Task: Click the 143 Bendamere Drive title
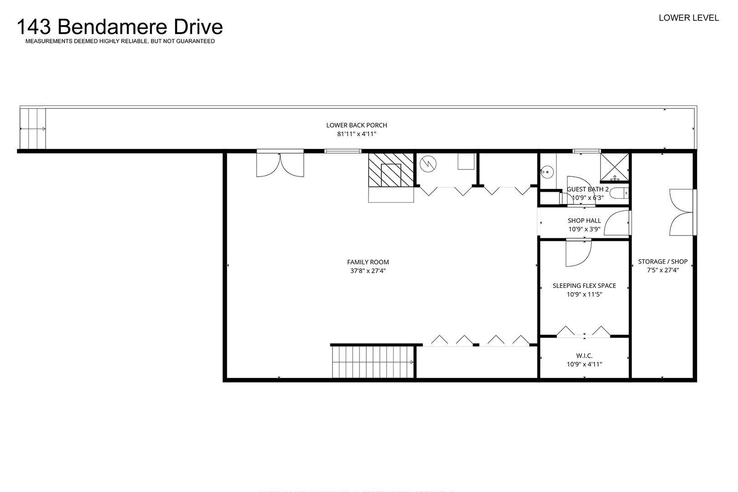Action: (x=120, y=27)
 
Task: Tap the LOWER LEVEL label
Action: (x=689, y=18)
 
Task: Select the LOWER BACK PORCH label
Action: (x=357, y=125)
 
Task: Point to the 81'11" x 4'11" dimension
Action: (x=357, y=134)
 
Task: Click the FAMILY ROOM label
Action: (x=368, y=262)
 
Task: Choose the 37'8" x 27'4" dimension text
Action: (x=368, y=271)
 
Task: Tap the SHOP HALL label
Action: (x=584, y=220)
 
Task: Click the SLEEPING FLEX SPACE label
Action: (x=584, y=286)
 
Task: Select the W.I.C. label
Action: (x=584, y=356)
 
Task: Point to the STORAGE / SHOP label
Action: (x=662, y=261)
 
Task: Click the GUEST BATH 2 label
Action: (x=587, y=189)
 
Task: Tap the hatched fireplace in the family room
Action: (x=391, y=170)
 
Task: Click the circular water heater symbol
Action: (x=428, y=164)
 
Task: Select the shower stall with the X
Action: (x=615, y=167)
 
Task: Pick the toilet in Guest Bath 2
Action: (x=619, y=193)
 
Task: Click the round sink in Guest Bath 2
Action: (x=547, y=172)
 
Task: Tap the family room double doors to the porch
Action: (x=280, y=164)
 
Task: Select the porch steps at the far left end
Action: (x=33, y=128)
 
